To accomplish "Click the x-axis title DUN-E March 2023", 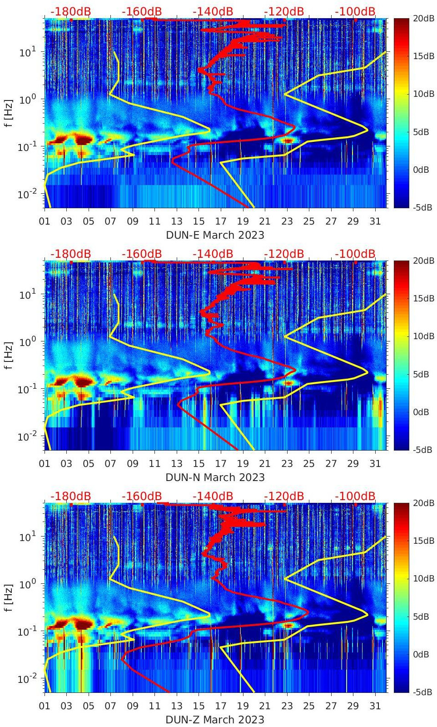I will pos(215,235).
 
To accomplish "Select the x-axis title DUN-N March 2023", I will pos(215,477).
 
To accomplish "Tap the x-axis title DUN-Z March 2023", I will pos(215,720).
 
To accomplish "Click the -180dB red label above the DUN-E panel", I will pos(70,11).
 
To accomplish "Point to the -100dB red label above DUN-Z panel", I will pos(355,496).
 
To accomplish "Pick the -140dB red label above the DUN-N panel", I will pos(213,254).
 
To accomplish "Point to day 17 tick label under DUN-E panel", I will pos(221,221).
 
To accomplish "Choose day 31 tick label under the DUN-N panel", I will pos(375,464).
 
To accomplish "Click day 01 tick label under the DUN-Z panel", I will pos(45,706).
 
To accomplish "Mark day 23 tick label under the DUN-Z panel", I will pos(287,706).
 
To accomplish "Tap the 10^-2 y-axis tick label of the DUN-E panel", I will pos(26,194).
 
